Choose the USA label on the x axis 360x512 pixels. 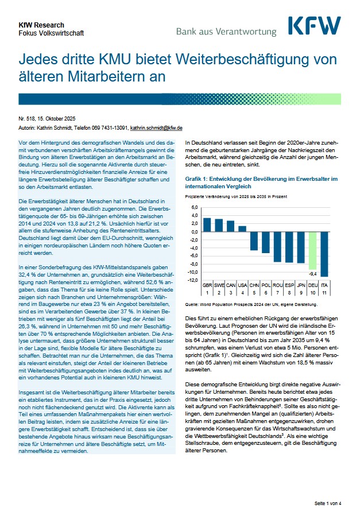pyautogui.click(x=242, y=285)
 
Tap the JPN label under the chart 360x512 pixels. pyautogui.click(x=301, y=285)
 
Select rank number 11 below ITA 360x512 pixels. pyautogui.click(x=324, y=292)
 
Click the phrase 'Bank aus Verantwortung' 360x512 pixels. pyautogui.click(x=226, y=31)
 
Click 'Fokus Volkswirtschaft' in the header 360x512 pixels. pyautogui.click(x=51, y=33)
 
